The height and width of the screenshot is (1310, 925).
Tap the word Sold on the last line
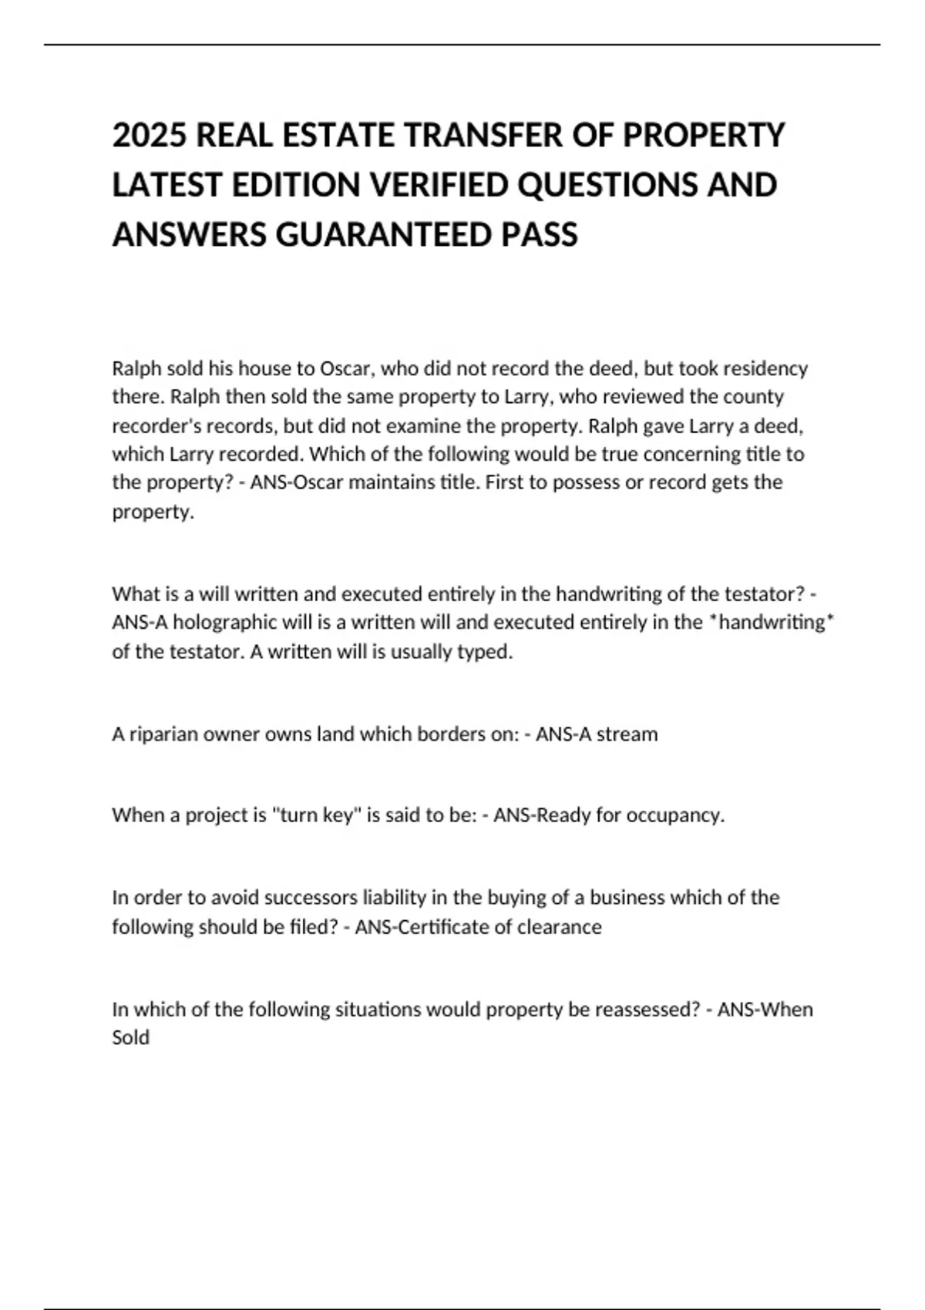[x=130, y=1038]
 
